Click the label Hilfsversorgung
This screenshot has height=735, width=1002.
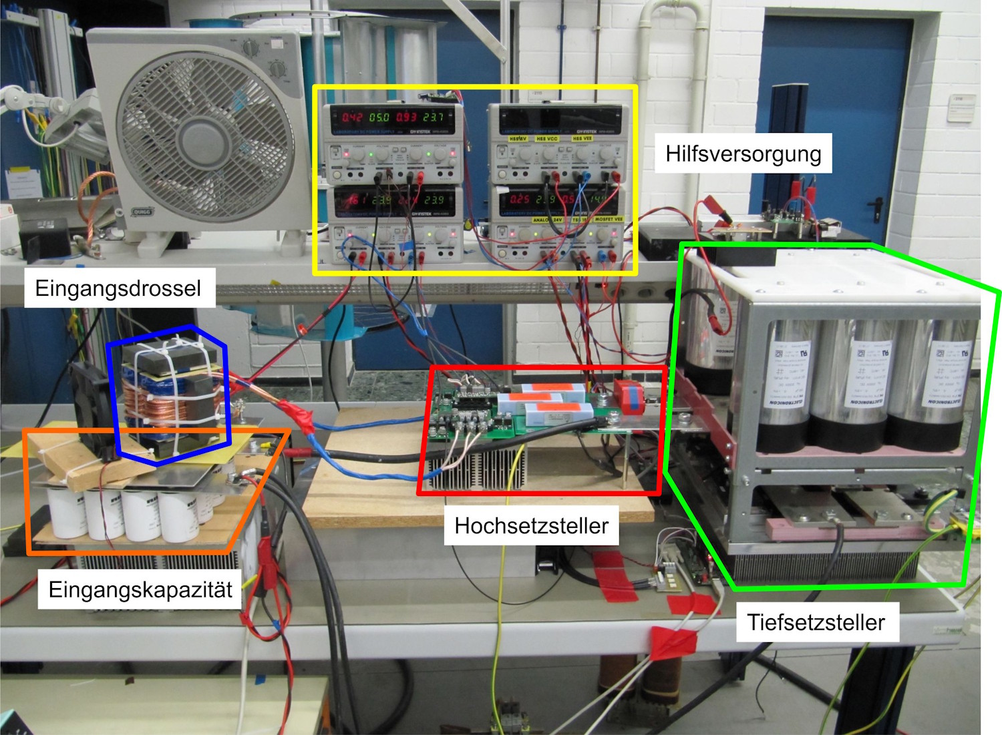(743, 154)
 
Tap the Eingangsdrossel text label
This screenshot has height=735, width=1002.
(118, 288)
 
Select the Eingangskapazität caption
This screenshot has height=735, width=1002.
(140, 589)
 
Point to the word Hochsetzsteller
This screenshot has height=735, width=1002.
(531, 525)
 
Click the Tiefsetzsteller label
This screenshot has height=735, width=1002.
(816, 622)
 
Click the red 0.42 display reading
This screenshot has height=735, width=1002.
(352, 117)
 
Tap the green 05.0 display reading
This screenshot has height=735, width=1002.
(379, 117)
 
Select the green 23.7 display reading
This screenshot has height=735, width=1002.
(433, 117)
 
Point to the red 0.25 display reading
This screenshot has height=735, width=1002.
(519, 199)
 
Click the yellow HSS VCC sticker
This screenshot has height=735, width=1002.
(547, 139)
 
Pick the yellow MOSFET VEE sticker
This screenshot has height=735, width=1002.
(609, 219)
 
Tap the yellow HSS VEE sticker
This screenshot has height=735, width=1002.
(582, 139)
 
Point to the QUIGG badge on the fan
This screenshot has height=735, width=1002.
(142, 212)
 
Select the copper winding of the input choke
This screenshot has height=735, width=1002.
(144, 407)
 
